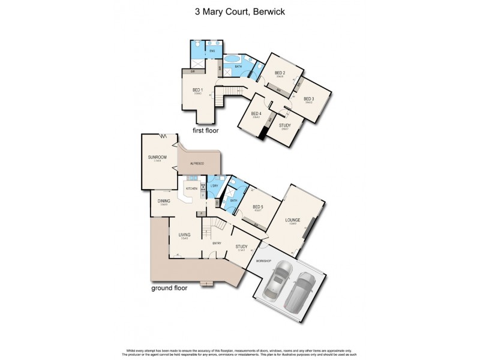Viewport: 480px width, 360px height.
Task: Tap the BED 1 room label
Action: (x=197, y=91)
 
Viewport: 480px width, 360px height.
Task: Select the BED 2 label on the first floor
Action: (x=280, y=73)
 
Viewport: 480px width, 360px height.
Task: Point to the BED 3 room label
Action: (x=308, y=99)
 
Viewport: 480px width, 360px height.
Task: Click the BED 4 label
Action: (x=256, y=114)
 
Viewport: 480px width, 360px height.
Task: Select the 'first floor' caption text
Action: (x=205, y=130)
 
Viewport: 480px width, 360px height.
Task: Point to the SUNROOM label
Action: (x=157, y=158)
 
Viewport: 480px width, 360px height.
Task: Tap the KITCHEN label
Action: (x=191, y=189)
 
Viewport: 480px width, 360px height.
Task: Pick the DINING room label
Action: (x=164, y=202)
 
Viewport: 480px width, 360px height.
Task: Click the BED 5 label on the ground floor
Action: (x=258, y=207)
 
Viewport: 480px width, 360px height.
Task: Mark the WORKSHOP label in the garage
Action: (x=264, y=261)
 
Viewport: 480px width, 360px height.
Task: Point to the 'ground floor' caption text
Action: (x=169, y=288)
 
